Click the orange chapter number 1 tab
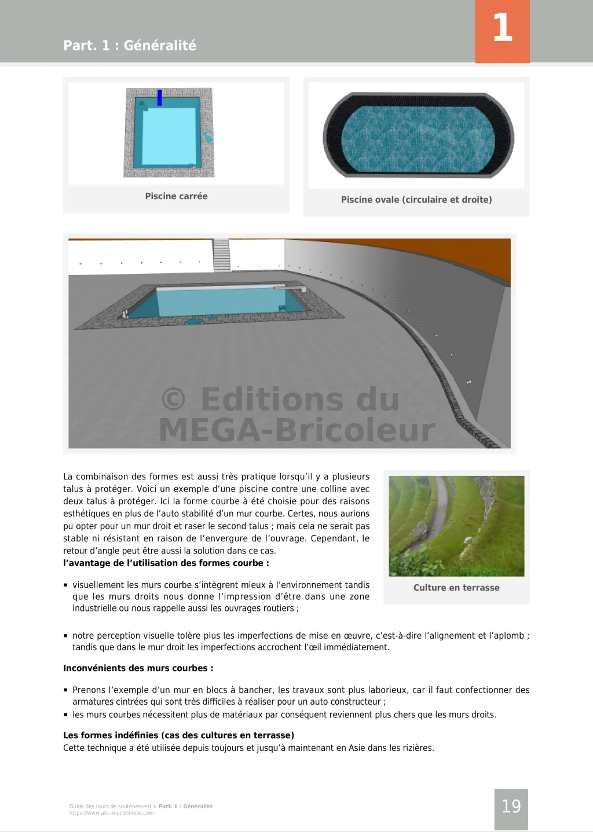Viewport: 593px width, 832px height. (502, 31)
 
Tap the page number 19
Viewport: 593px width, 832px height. (511, 807)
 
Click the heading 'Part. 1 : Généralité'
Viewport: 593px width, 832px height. (130, 45)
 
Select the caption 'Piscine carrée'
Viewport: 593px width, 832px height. (176, 196)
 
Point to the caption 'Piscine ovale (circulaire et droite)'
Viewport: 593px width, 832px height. (416, 200)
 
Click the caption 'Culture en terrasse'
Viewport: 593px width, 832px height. (456, 588)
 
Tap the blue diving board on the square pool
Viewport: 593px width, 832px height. (160, 97)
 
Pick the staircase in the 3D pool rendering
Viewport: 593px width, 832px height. (221, 255)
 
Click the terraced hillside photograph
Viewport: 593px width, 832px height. (456, 526)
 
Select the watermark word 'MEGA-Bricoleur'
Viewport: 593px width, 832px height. (296, 431)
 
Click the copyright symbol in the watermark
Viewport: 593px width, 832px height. (174, 399)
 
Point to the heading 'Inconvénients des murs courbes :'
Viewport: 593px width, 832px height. (138, 668)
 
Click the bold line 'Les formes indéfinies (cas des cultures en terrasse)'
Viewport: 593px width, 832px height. (178, 735)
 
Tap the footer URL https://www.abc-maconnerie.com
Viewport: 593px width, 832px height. (112, 813)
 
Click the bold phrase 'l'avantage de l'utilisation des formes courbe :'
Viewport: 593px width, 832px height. (166, 563)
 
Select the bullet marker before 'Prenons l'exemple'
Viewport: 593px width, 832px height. (66, 690)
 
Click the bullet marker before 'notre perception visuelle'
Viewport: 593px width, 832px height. (66, 636)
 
